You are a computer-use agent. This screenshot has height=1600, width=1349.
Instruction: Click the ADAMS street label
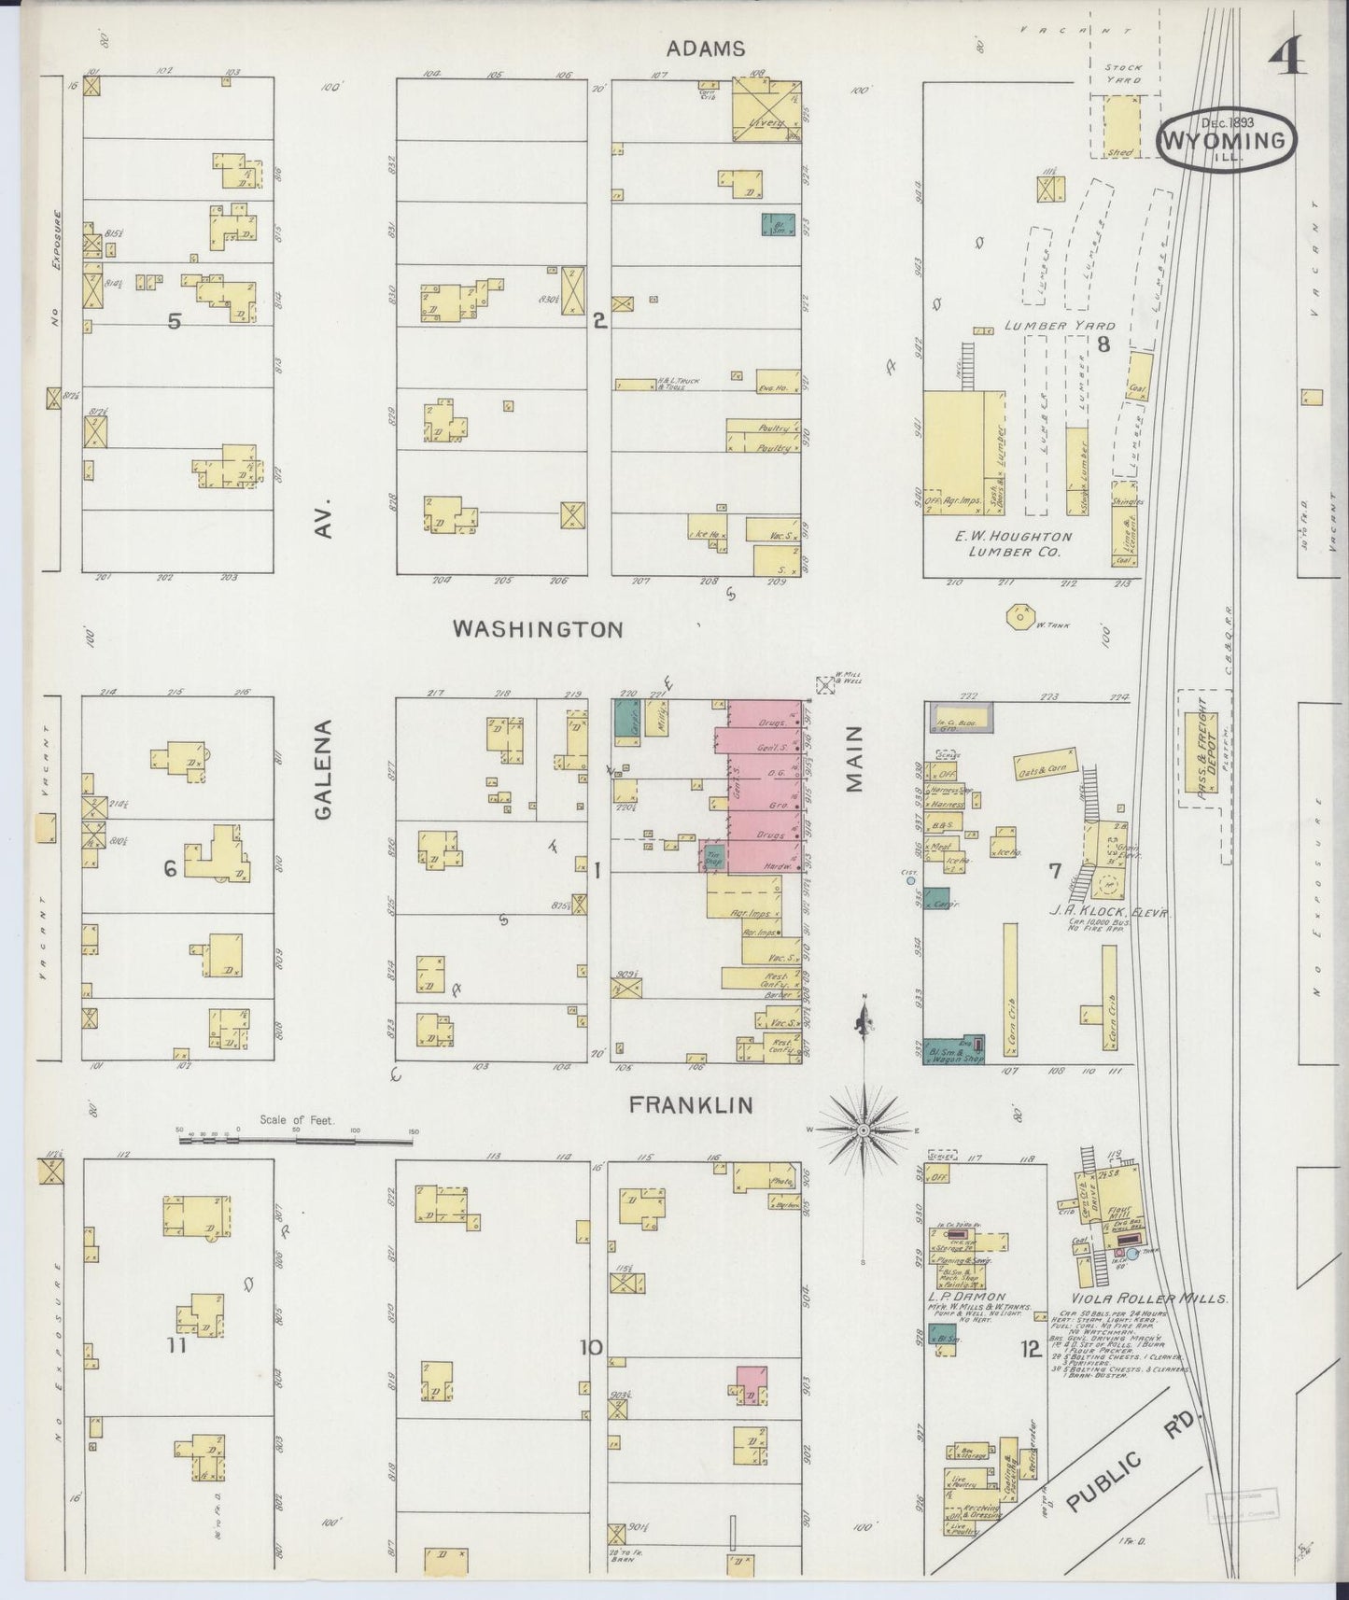[x=706, y=49]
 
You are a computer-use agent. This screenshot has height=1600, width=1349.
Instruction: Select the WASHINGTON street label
[x=538, y=629]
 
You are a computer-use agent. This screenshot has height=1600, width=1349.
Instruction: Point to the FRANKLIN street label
[x=691, y=1105]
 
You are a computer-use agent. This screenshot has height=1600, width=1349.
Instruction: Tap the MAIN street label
[x=856, y=761]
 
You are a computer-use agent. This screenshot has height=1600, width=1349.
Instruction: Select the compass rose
[x=864, y=1130]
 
